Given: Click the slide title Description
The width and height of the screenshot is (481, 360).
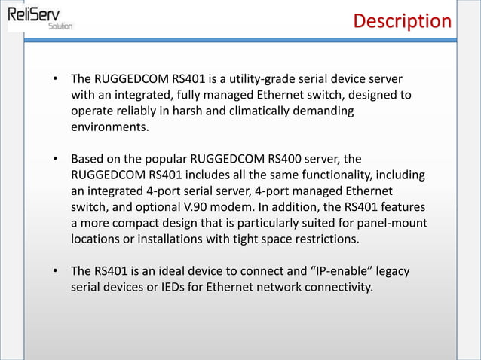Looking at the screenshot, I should coord(403,20).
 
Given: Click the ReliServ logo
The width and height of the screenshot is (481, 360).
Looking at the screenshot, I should coord(39,17).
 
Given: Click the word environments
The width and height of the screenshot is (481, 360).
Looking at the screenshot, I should coord(109,128).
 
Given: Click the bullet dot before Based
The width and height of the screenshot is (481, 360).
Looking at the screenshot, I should coord(55,160).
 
